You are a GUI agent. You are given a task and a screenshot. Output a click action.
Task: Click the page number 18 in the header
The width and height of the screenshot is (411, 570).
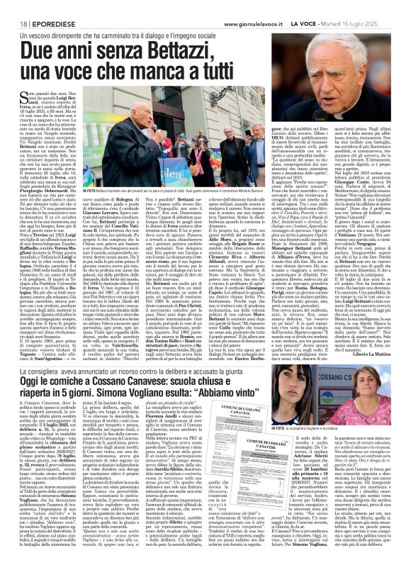pyautogui.click(x=13, y=6)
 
